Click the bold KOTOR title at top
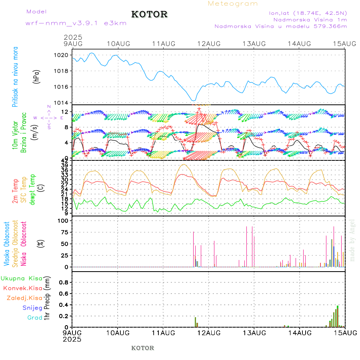pos(149,14)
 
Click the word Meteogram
pos(233,4)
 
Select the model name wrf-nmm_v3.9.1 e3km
pos(76,23)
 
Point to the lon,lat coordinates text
pos(308,13)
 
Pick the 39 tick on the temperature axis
pos(66,165)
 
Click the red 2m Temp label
pos(15,192)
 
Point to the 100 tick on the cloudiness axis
pos(64,220)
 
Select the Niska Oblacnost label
pos(24,243)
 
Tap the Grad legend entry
pos(34,318)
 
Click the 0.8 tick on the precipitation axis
pos(64,282)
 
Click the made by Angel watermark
pos(352,240)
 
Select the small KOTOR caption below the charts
pos(143,348)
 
